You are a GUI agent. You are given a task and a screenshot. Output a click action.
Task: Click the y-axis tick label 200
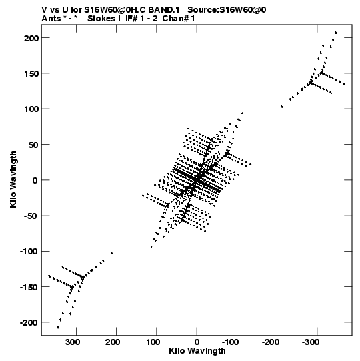click(31, 38)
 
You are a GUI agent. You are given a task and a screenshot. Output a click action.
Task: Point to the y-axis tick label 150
click(31, 74)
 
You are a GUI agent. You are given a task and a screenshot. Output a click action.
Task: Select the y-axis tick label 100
click(31, 109)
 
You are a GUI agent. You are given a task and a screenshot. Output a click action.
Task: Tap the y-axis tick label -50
click(31, 216)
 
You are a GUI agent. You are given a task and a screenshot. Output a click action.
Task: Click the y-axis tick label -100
click(29, 252)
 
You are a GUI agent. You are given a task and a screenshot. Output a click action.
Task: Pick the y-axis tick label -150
click(29, 288)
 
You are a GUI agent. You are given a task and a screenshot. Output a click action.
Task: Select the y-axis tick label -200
click(29, 323)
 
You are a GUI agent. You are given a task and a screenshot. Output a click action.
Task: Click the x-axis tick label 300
click(73, 342)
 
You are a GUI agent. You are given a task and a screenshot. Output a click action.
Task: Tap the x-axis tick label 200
click(113, 342)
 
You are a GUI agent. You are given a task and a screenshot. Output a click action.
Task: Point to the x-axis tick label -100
click(230, 342)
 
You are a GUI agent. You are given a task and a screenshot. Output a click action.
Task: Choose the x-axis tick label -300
click(311, 342)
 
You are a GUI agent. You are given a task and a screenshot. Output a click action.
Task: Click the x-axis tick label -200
click(271, 342)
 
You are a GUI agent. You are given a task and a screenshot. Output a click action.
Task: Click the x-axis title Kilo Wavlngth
click(197, 351)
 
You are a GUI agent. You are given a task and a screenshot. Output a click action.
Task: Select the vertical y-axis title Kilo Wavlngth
click(13, 179)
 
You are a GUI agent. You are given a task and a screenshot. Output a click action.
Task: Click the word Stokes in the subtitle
click(101, 19)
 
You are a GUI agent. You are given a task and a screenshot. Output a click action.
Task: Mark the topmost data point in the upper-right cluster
click(336, 33)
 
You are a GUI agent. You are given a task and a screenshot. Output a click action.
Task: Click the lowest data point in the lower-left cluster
click(58, 327)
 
